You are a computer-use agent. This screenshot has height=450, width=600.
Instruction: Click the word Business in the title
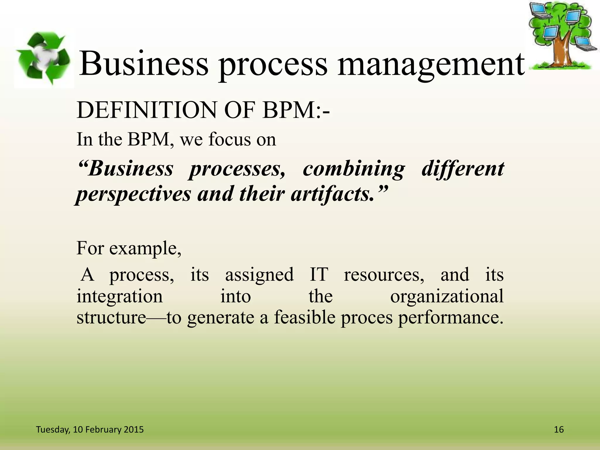[x=144, y=64]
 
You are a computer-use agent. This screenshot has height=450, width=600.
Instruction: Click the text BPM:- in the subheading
[x=296, y=110]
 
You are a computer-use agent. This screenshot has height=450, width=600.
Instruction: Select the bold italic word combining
[x=354, y=169]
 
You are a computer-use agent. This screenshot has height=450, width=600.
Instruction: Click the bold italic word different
[x=463, y=169]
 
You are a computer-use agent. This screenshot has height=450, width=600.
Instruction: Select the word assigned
[x=259, y=275]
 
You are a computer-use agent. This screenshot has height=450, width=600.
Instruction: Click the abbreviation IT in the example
[x=318, y=275]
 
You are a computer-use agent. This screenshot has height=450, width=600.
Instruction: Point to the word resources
[x=384, y=275]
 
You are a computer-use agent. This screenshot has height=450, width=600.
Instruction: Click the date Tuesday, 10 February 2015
[x=90, y=429]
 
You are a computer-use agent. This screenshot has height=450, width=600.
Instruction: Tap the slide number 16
[x=559, y=429]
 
